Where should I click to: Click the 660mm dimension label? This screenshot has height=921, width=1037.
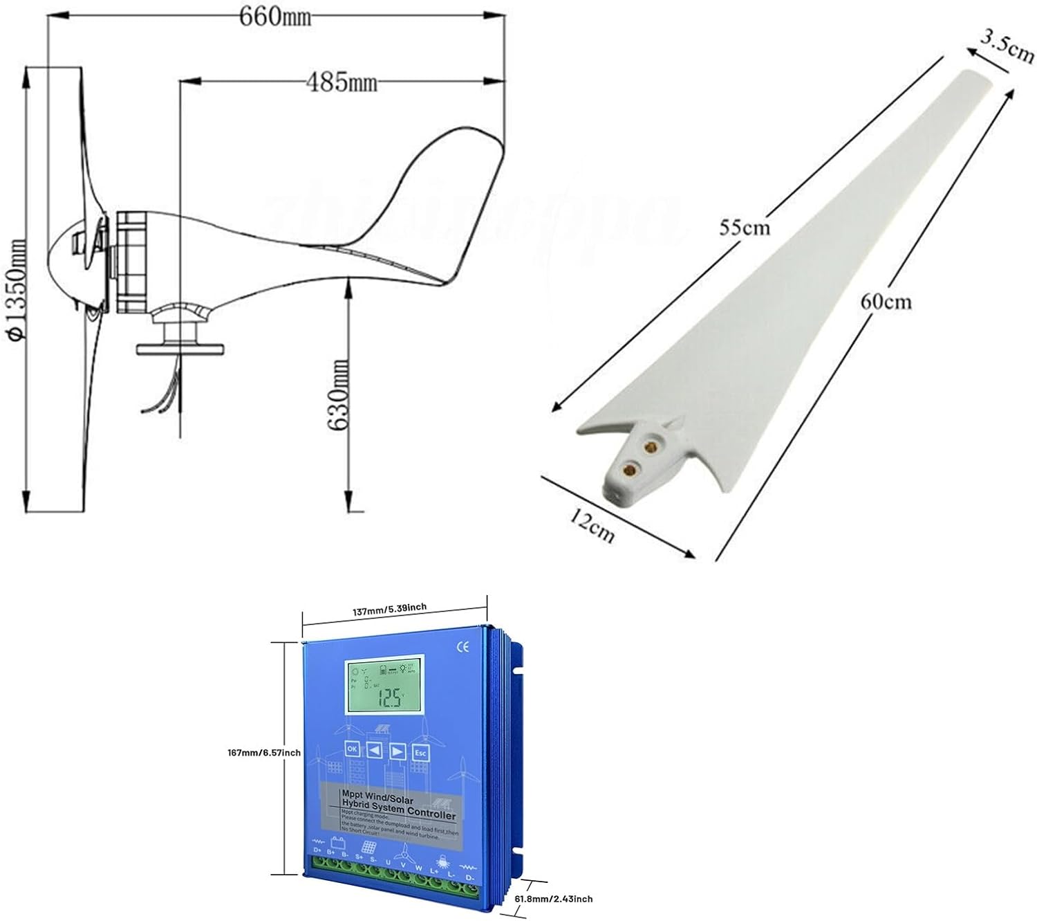point(275,16)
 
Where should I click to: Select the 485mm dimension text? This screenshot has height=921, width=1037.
point(342,82)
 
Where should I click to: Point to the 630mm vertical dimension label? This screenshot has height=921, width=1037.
point(338,396)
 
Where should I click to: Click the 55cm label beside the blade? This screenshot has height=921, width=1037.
point(744,227)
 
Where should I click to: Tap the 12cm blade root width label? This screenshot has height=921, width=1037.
point(592,525)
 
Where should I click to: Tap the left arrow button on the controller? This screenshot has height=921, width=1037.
point(375,750)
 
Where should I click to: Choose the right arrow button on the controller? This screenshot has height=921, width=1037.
point(398,751)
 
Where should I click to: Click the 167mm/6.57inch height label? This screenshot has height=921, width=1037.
point(264,752)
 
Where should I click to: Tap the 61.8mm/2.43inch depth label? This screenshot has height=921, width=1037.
point(563,899)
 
